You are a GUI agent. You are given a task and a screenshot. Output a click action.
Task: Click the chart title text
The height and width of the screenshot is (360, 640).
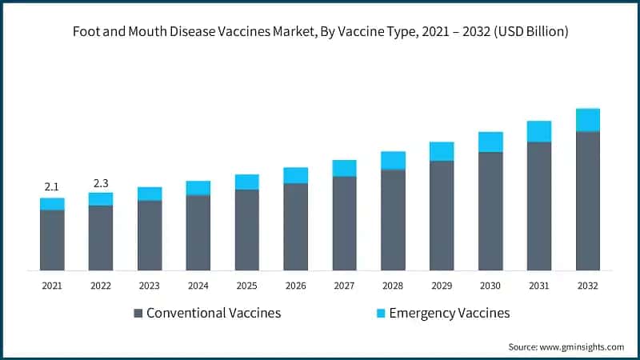point(320,33)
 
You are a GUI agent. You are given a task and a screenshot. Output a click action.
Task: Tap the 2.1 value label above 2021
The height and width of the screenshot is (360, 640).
point(52,186)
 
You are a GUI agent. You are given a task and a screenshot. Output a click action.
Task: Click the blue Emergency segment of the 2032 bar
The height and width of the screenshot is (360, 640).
point(588,120)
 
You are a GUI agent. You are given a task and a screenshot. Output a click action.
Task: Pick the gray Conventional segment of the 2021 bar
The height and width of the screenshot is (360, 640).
point(52,240)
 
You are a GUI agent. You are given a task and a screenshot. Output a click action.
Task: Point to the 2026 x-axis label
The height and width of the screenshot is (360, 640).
point(295,285)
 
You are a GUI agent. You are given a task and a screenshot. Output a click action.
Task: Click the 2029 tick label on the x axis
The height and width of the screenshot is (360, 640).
point(442,285)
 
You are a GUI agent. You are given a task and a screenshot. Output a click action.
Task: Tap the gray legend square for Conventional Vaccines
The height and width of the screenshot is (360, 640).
point(138,314)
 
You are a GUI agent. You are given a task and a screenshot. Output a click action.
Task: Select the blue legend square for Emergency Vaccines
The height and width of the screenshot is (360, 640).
point(380,314)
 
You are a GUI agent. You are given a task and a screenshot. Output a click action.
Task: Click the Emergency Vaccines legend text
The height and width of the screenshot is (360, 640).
point(449,314)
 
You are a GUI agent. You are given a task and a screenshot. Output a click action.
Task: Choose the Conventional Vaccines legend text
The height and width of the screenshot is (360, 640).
point(213,314)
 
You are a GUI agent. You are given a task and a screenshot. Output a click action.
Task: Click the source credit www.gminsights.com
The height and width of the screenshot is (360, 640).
point(566,346)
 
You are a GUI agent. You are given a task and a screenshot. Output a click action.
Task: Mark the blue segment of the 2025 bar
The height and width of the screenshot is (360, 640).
point(247,182)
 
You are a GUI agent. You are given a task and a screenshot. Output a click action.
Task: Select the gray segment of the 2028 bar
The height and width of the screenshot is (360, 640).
point(393,220)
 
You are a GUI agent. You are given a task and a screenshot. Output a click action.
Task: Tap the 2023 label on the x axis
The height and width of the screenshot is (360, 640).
point(150,285)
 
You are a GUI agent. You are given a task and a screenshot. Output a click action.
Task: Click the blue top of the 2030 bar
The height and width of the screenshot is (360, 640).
point(490,142)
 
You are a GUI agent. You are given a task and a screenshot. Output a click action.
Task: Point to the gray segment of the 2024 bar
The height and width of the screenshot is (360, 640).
point(198,232)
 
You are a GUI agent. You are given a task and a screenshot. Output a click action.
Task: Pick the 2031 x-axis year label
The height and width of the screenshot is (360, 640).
point(539,285)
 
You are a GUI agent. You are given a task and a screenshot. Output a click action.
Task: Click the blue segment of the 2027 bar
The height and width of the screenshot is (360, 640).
point(344,168)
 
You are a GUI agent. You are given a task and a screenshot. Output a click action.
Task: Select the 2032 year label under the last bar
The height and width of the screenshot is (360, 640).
point(588,285)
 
